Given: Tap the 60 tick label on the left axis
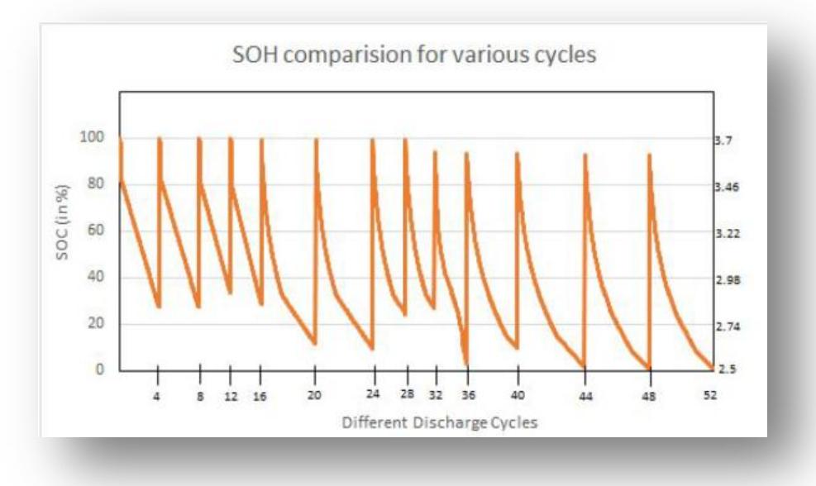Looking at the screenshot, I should (94, 231).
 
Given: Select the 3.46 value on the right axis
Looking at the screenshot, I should (725, 188).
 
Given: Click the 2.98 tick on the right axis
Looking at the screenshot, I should (725, 280).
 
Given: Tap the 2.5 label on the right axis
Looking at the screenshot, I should (723, 369).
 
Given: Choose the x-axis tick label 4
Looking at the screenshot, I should (156, 397).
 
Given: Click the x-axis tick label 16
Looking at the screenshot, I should (260, 397).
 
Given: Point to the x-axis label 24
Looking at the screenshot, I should (373, 394).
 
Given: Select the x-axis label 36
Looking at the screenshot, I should (468, 395).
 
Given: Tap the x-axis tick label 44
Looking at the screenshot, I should (585, 397).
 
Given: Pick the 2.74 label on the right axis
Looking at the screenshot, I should (725, 327).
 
